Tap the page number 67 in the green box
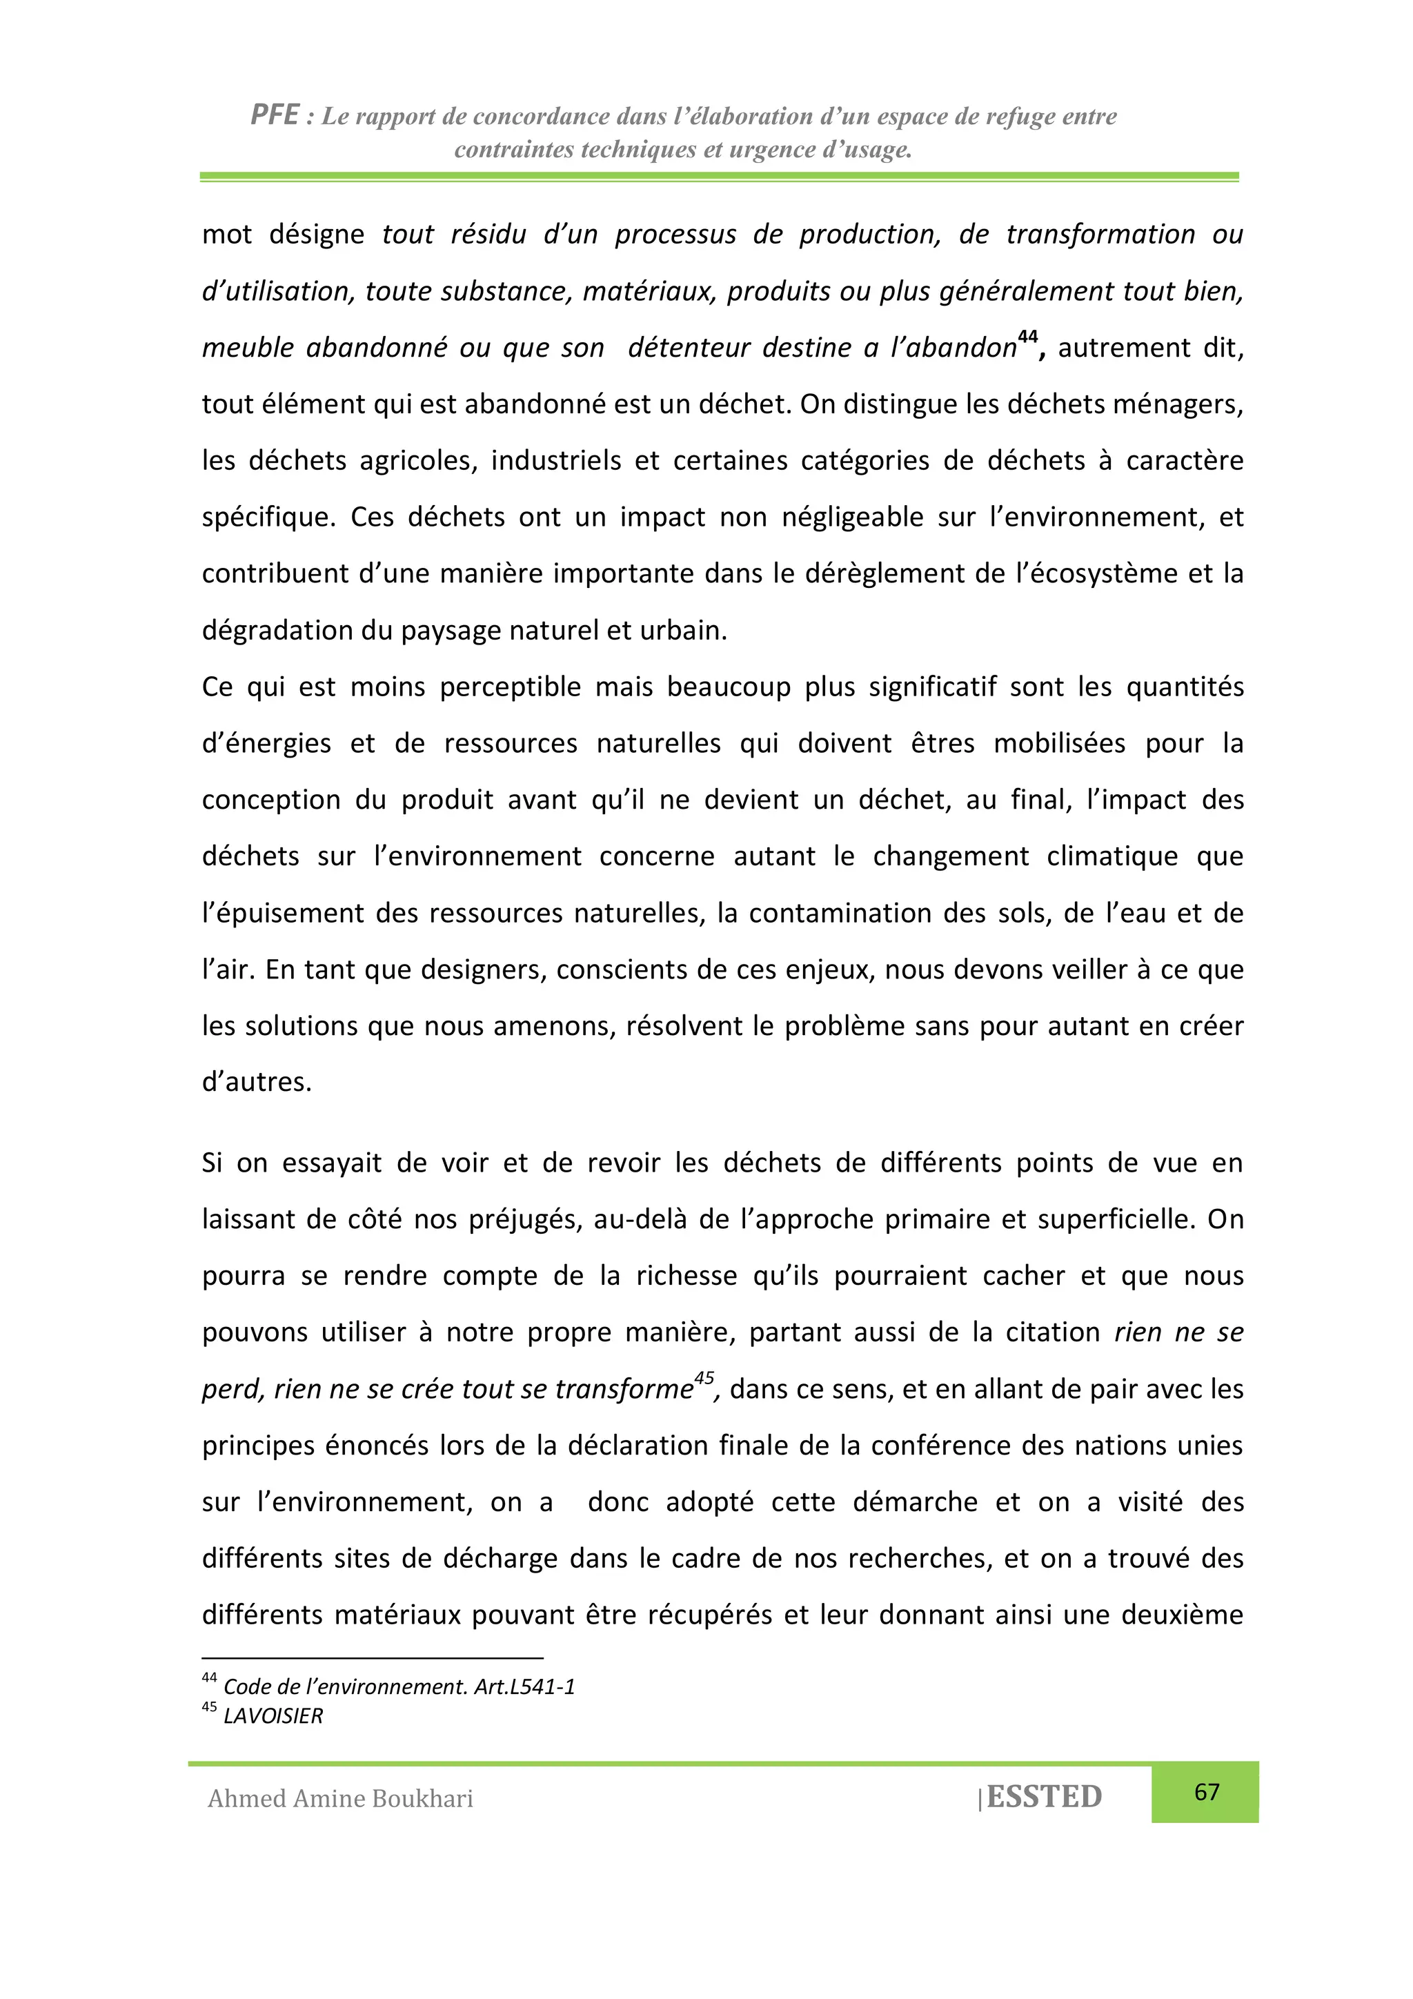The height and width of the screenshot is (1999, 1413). click(1206, 1791)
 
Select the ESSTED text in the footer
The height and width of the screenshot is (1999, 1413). click(1044, 1796)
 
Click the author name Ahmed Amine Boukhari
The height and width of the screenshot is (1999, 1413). click(340, 1798)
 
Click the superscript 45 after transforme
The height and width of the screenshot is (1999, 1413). click(704, 1378)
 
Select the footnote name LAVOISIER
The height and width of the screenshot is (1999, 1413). click(273, 1716)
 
